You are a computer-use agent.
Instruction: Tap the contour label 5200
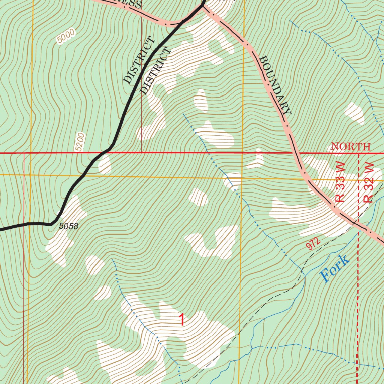point(80,142)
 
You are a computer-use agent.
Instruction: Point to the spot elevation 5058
point(69,226)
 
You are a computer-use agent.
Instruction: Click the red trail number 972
point(313,244)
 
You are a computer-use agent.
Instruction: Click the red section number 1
point(182,320)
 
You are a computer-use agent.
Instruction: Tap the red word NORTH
point(351,147)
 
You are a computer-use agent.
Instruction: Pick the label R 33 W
point(340,185)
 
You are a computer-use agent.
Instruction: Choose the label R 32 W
point(369,183)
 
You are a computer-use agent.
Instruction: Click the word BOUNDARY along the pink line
point(275,85)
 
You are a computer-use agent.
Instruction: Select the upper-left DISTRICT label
point(138,60)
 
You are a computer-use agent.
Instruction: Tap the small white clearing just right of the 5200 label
point(104,164)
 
